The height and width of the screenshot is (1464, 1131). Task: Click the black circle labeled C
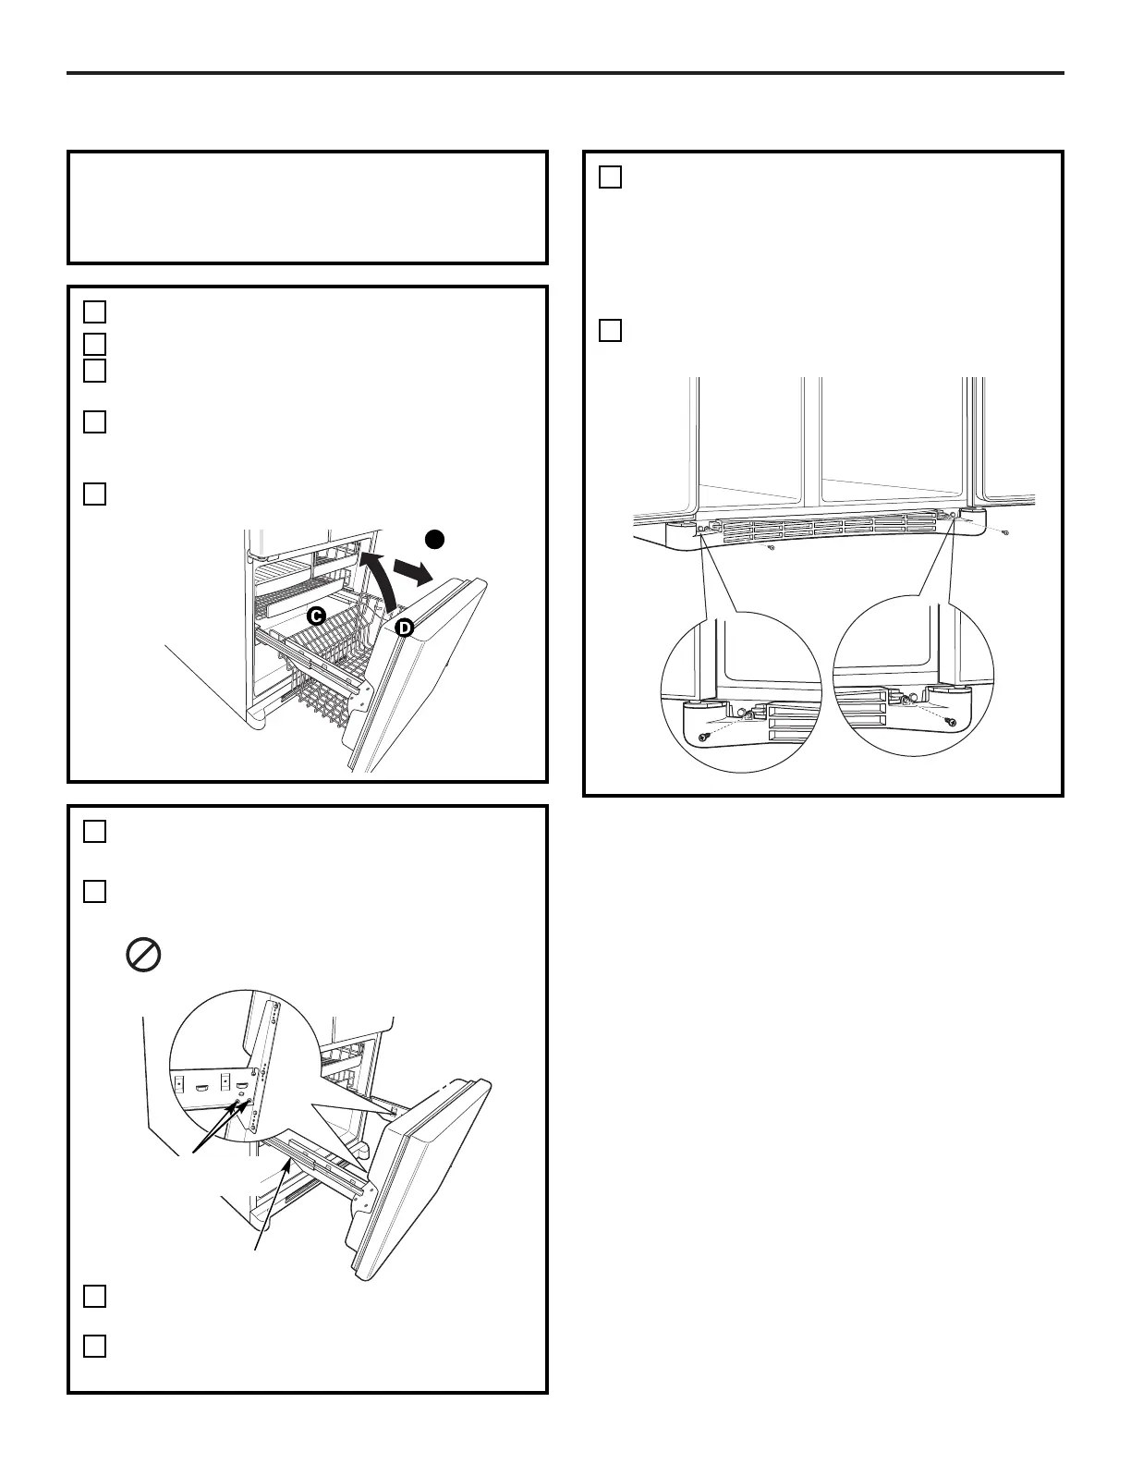(x=316, y=616)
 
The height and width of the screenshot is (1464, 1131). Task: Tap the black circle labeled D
(x=404, y=628)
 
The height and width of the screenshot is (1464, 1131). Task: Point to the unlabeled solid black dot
(x=434, y=539)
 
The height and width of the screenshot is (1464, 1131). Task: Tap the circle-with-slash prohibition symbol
(x=143, y=954)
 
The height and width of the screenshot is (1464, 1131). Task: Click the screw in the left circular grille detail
(x=702, y=737)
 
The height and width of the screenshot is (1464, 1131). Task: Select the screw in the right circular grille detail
(x=952, y=722)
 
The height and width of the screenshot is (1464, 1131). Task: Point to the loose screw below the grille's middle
(x=772, y=548)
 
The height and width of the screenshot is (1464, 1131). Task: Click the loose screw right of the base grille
(x=1005, y=533)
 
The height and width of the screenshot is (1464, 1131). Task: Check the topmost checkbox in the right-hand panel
(x=610, y=177)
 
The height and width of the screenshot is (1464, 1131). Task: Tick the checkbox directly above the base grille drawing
(x=610, y=330)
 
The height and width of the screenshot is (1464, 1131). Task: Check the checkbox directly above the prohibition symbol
(x=94, y=891)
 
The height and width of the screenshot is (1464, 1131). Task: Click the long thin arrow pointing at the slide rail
(x=274, y=1207)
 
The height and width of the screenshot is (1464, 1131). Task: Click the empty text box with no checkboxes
(x=308, y=208)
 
